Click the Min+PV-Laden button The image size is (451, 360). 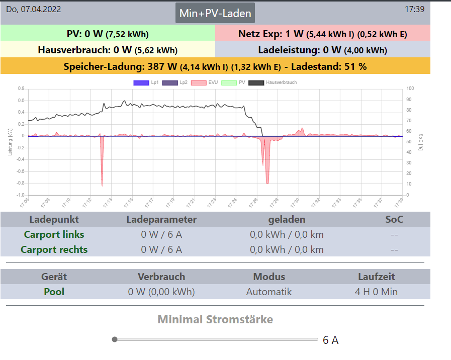[x=215, y=13]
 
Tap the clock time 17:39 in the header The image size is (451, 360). [x=414, y=9]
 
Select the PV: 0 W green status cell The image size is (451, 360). [x=108, y=34]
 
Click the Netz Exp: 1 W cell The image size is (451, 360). [x=322, y=34]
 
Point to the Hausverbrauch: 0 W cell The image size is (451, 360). [x=108, y=50]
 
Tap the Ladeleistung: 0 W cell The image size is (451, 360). [x=322, y=50]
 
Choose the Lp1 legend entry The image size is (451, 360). [x=146, y=82]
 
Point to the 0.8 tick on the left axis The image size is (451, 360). [x=21, y=88]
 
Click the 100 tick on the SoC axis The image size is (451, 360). [x=410, y=88]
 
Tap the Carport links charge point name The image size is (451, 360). [x=54, y=234]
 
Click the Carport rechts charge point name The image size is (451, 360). [x=54, y=249]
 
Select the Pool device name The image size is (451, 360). [x=54, y=292]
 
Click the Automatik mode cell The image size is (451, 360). [x=268, y=292]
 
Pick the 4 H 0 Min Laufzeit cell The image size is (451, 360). [x=376, y=292]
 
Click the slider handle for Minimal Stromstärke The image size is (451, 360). [x=115, y=339]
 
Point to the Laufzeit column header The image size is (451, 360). [x=376, y=277]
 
